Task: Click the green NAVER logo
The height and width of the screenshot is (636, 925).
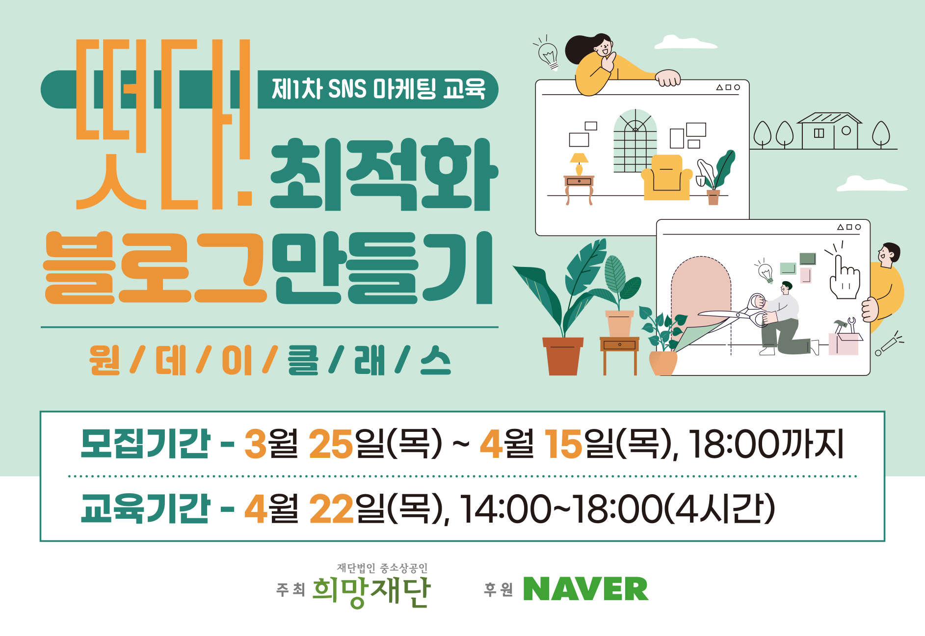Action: (586, 589)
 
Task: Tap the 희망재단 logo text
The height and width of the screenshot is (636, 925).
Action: (371, 592)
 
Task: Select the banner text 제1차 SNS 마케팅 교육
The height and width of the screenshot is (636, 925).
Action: (379, 89)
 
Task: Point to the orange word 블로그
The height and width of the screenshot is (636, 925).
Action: (156, 267)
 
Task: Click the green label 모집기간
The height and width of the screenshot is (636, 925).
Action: (145, 444)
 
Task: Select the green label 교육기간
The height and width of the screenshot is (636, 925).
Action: (145, 507)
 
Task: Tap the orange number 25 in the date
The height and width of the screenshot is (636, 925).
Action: (331, 444)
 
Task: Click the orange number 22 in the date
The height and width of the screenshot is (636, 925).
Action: (332, 508)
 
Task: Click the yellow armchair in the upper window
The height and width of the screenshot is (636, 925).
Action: (666, 177)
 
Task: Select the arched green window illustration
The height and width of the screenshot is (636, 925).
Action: (635, 141)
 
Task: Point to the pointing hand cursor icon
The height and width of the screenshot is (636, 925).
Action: (844, 277)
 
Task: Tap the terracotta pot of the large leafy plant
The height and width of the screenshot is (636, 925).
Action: (563, 356)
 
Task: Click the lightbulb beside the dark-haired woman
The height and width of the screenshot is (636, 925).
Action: (548, 54)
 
